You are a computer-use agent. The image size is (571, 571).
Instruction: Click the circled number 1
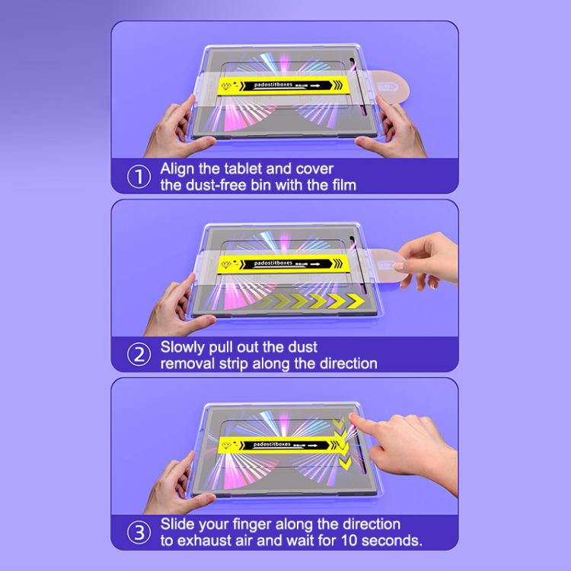click(138, 177)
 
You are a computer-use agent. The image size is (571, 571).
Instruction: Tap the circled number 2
click(138, 355)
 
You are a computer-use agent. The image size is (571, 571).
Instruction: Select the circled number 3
click(138, 532)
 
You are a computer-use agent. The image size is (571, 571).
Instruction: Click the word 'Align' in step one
click(180, 168)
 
